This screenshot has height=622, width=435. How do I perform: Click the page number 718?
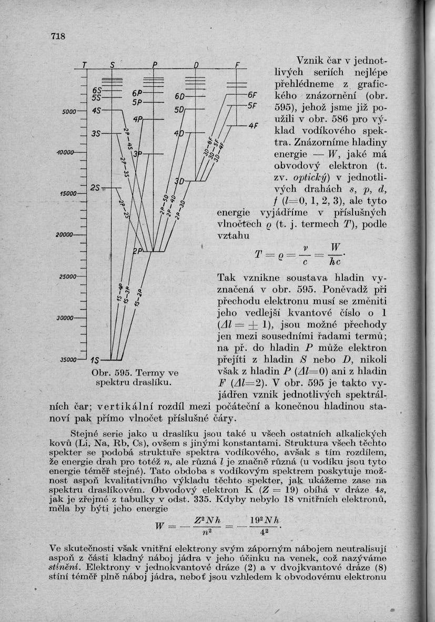pyautogui.click(x=58, y=36)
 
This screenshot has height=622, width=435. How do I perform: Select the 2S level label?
pyautogui.click(x=95, y=188)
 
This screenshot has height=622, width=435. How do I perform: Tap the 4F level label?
pyautogui.click(x=254, y=126)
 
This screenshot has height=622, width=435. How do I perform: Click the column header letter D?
pyautogui.click(x=195, y=65)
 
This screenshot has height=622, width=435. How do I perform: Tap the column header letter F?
pyautogui.click(x=237, y=65)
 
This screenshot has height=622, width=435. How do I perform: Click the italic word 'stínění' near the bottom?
pyautogui.click(x=63, y=567)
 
